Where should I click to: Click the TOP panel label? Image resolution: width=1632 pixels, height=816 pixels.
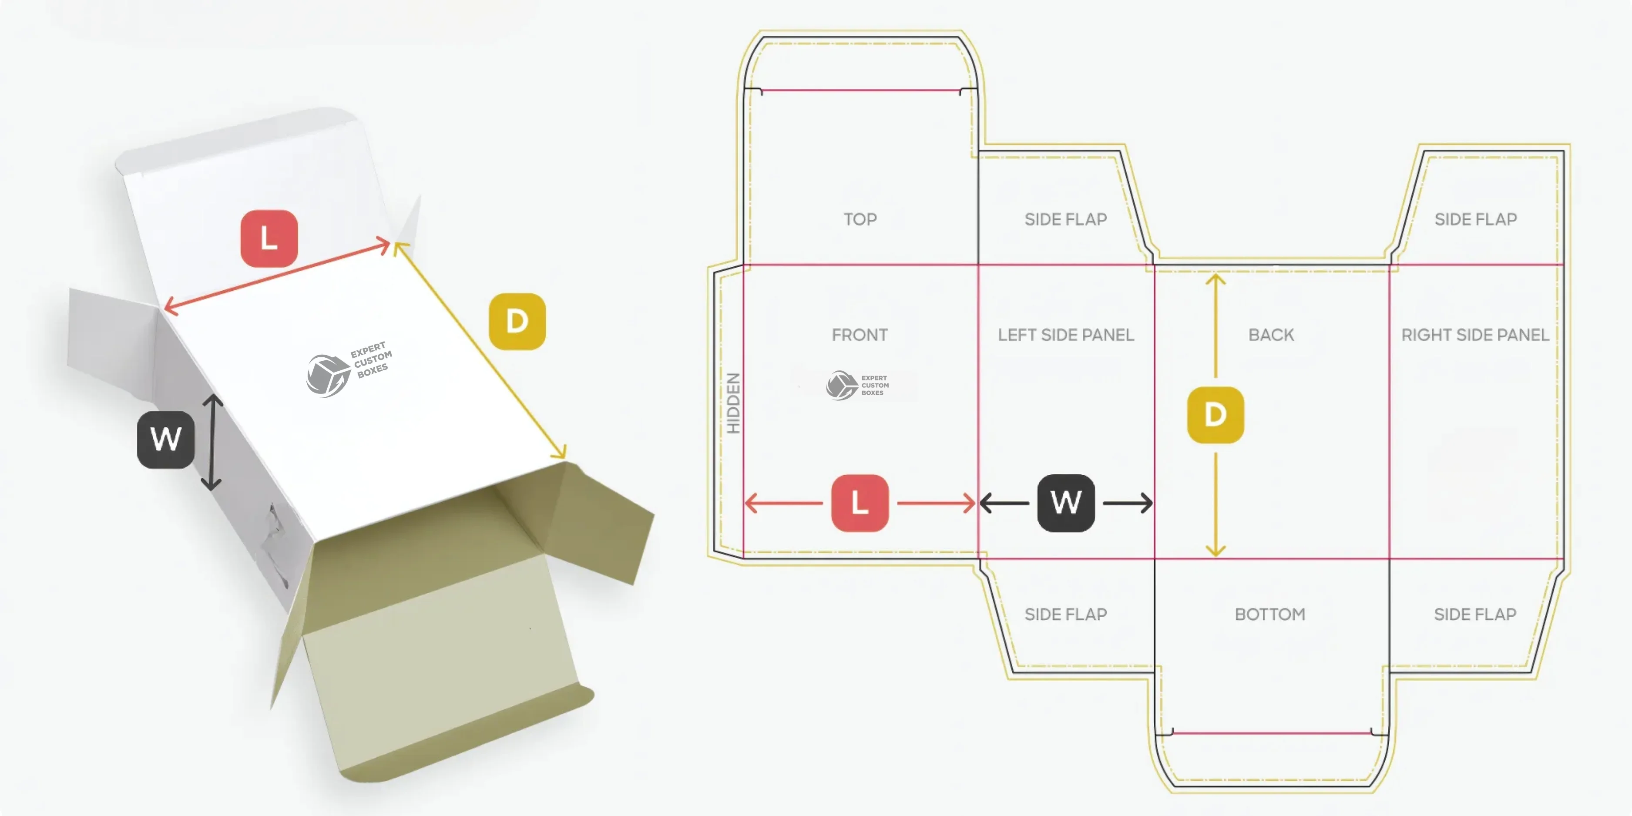tap(860, 219)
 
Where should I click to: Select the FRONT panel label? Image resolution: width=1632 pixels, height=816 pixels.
tap(860, 335)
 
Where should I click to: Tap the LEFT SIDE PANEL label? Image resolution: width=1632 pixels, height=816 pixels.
tap(1066, 335)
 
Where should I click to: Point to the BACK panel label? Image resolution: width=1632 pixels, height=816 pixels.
tap(1271, 335)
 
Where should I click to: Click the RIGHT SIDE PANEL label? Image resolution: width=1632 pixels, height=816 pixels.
tap(1475, 335)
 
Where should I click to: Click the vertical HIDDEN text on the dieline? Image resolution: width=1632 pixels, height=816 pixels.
tap(733, 403)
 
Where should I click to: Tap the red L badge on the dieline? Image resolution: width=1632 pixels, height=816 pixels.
tap(860, 503)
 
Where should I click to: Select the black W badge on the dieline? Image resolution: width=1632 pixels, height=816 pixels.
tap(1066, 503)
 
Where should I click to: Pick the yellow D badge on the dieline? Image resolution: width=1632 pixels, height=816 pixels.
tap(1215, 415)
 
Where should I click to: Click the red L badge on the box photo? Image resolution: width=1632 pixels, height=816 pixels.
tap(269, 239)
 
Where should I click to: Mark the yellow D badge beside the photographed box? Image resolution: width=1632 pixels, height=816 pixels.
tap(517, 321)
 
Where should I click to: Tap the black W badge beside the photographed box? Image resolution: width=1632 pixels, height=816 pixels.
tap(166, 440)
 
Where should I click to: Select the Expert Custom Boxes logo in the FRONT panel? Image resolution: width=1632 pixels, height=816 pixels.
tap(858, 385)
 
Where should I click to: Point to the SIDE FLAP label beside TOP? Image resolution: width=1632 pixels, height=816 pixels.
tap(1066, 219)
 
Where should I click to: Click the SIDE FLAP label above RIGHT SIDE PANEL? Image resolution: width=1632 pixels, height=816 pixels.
tap(1475, 219)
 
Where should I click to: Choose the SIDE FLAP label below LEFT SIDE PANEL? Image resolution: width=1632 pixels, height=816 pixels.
tap(1066, 614)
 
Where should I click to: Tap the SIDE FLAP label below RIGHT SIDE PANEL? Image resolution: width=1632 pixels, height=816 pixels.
tap(1475, 614)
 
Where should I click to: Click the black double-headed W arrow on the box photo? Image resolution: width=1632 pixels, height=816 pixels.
tap(212, 442)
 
